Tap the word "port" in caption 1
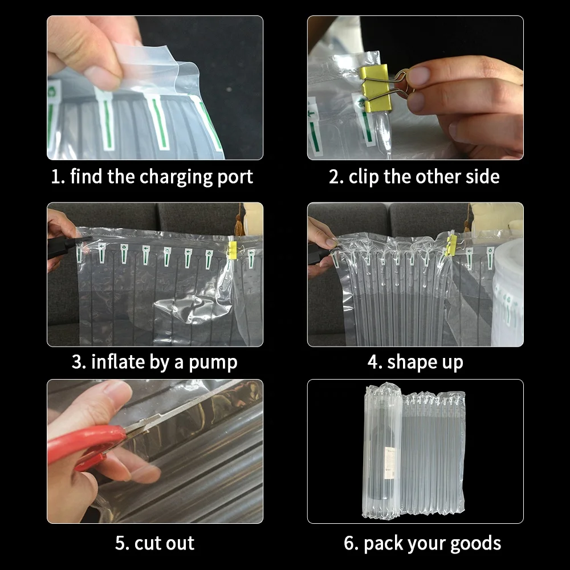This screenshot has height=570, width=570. point(235,178)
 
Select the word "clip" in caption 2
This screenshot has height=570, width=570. point(364,177)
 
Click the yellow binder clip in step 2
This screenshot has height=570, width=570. point(374,87)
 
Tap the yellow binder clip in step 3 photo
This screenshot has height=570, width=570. point(232,249)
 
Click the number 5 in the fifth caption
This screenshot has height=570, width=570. point(120,543)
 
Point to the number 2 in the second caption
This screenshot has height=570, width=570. point(334,177)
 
